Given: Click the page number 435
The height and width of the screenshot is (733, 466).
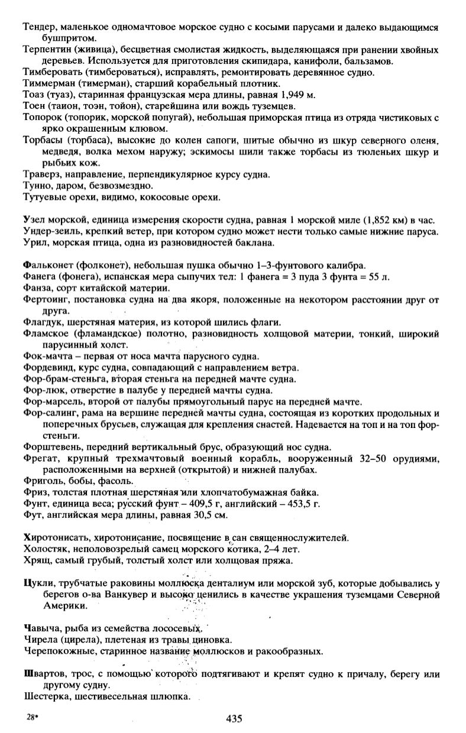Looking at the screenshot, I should click(234, 718).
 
